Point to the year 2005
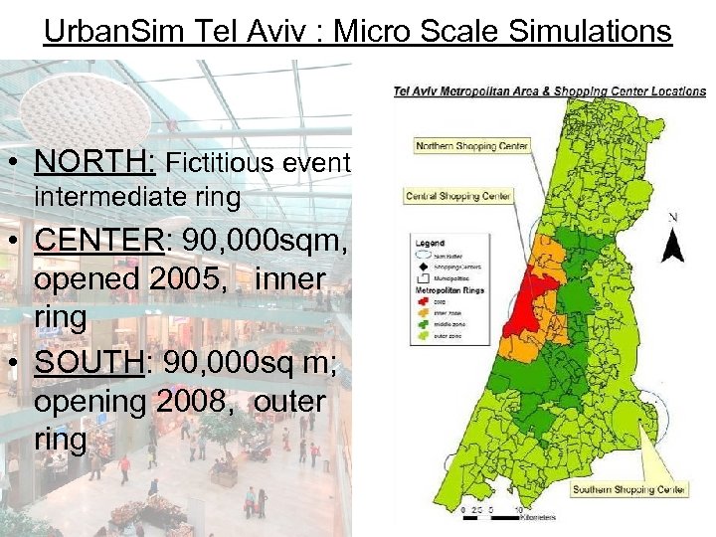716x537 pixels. coord(194,279)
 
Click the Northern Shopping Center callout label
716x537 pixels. coord(471,146)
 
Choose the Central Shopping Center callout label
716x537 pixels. coord(457,196)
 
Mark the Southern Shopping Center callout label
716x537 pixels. coord(628,489)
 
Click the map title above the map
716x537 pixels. coord(549,91)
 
